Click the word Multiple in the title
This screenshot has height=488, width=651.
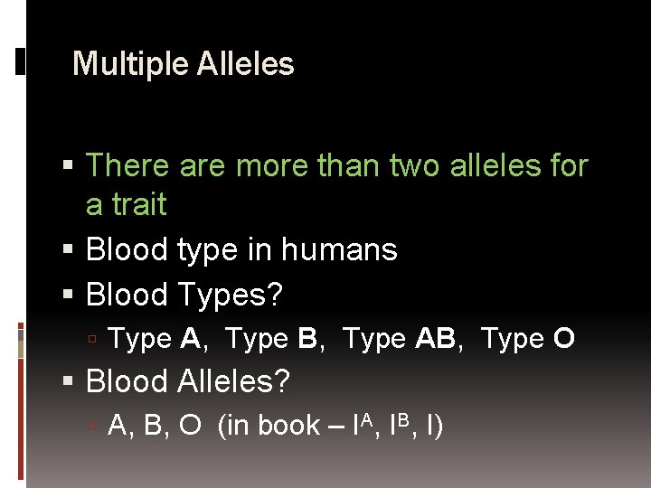[x=114, y=64]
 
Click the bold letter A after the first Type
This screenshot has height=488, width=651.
[x=190, y=339]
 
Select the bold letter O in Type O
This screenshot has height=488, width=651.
[x=564, y=339]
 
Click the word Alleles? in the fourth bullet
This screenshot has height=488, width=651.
[x=233, y=381]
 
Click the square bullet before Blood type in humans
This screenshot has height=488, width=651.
[x=71, y=250]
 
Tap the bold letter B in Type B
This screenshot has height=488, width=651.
[x=307, y=339]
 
